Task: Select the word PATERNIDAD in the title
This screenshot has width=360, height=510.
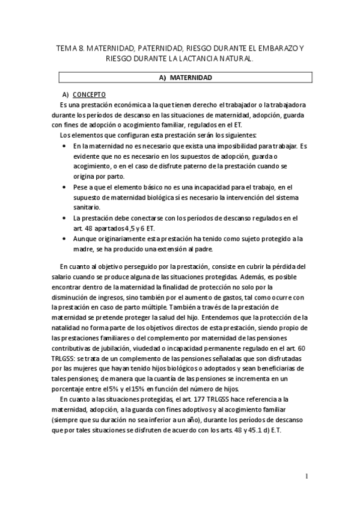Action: click(x=160, y=48)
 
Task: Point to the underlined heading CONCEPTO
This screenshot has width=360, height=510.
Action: click(x=89, y=96)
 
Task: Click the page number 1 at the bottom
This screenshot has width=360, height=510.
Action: click(x=305, y=477)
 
